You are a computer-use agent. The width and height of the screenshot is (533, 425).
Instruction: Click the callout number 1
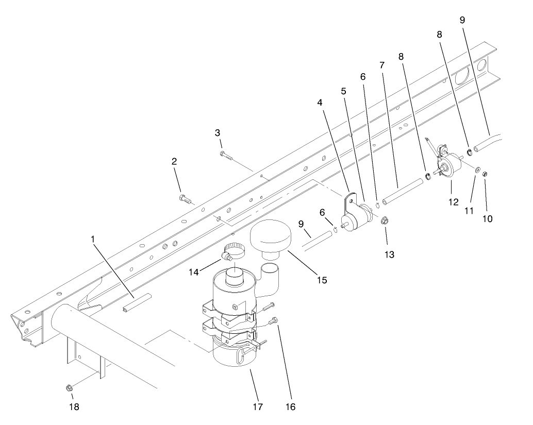[94, 239]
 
